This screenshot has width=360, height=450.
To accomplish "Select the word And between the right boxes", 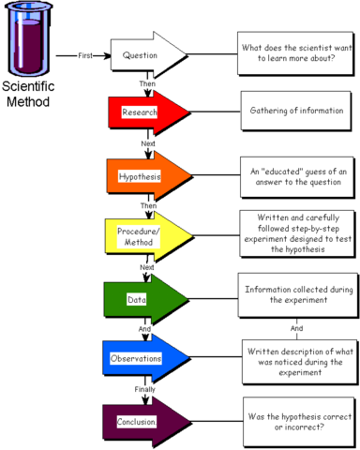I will (296, 327).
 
